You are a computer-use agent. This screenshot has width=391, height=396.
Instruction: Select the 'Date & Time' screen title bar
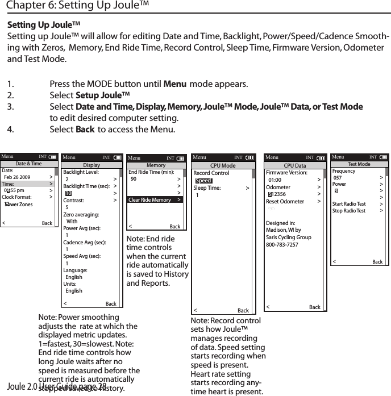28,164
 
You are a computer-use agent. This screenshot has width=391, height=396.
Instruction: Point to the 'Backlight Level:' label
81,172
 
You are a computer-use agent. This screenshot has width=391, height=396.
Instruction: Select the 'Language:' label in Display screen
75,270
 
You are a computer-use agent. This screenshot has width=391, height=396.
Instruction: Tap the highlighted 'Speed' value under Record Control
203,181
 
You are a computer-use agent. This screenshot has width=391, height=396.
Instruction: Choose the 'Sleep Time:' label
207,187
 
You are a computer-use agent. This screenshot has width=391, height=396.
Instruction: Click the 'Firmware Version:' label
286,172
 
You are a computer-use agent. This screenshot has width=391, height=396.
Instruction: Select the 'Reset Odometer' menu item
285,202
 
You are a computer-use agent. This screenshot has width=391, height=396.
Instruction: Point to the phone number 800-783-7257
282,244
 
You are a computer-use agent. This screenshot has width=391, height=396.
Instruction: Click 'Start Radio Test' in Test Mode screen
349,204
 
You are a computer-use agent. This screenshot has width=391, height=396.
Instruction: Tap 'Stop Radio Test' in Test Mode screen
348,211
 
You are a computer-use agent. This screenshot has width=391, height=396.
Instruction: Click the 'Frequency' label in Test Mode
343,171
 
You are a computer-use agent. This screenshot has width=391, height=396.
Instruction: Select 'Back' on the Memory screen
174,227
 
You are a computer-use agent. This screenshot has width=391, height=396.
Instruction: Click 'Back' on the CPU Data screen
314,307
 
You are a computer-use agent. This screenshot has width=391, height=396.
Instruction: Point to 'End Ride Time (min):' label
151,172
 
